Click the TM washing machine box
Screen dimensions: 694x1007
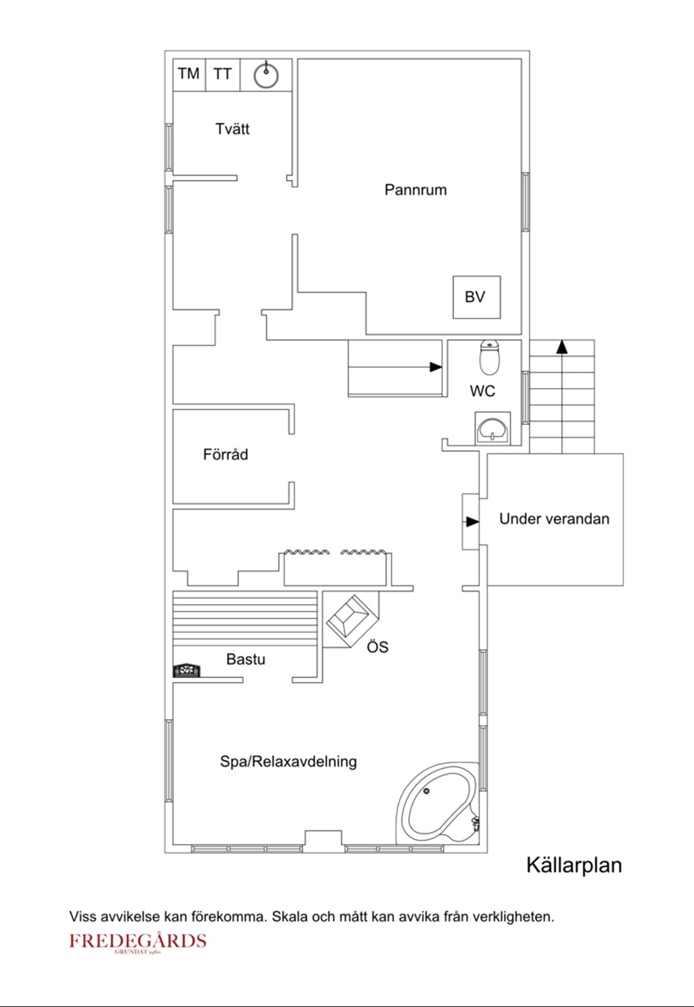(189, 75)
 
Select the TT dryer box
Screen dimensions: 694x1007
(223, 75)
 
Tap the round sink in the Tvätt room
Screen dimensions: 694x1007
(266, 75)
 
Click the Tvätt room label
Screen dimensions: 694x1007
(232, 129)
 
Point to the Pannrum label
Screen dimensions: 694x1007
(416, 190)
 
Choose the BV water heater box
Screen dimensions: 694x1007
(477, 297)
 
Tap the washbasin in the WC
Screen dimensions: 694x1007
(493, 429)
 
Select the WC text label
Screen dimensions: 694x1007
(482, 391)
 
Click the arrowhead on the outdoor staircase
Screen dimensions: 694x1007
(562, 346)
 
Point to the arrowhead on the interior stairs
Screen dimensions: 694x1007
(436, 367)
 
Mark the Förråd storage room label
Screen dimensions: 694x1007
(226, 454)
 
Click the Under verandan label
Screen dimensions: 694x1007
(554, 519)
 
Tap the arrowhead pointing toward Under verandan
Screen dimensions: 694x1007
(473, 522)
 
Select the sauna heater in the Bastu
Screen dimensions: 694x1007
(187, 670)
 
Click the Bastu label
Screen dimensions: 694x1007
(246, 659)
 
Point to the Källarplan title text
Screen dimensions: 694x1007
(574, 865)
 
